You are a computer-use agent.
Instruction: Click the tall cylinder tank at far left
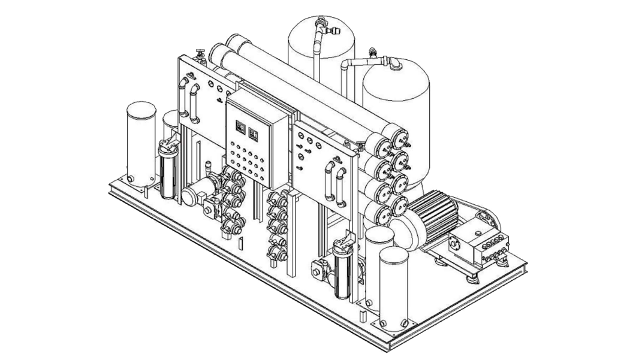[x=140, y=144]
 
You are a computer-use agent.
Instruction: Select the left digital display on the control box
[x=239, y=127]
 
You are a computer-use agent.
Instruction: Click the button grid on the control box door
[x=246, y=158]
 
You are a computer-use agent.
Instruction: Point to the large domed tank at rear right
[x=396, y=108]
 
